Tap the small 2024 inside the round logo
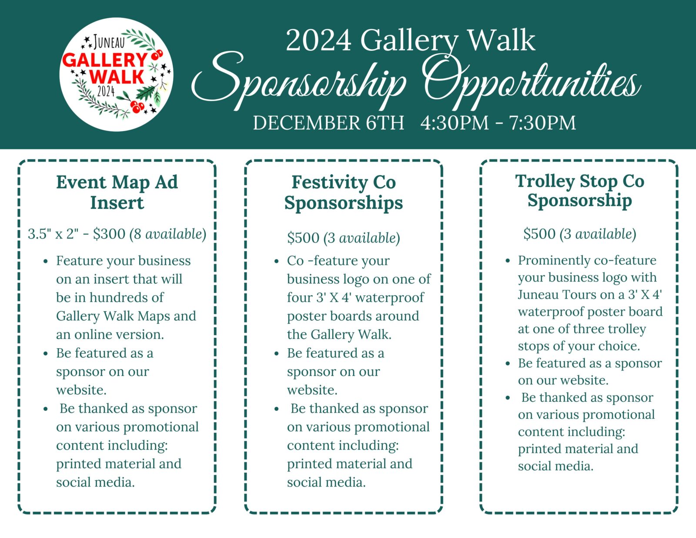(106, 91)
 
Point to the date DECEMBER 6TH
(328, 123)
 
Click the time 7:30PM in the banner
(542, 123)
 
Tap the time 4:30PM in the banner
(455, 123)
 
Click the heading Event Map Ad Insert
(117, 192)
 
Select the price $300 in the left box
(109, 234)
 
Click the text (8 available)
(168, 234)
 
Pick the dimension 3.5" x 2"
(53, 234)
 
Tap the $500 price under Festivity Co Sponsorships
(303, 238)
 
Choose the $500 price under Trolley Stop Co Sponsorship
(539, 234)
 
